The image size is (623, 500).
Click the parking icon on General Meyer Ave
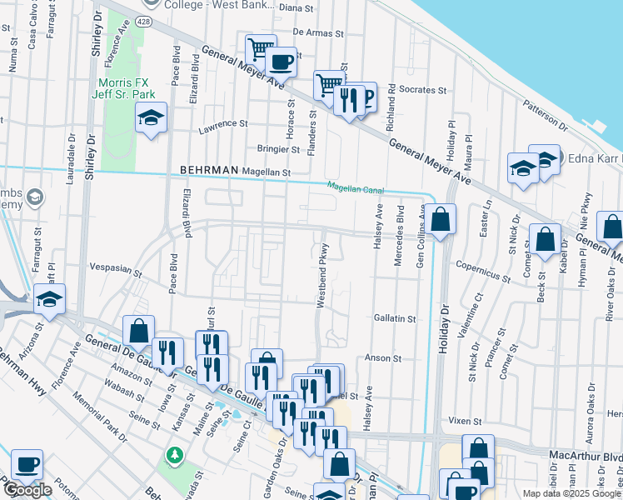(x=364, y=96)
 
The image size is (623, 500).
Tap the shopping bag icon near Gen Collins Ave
(x=442, y=221)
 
